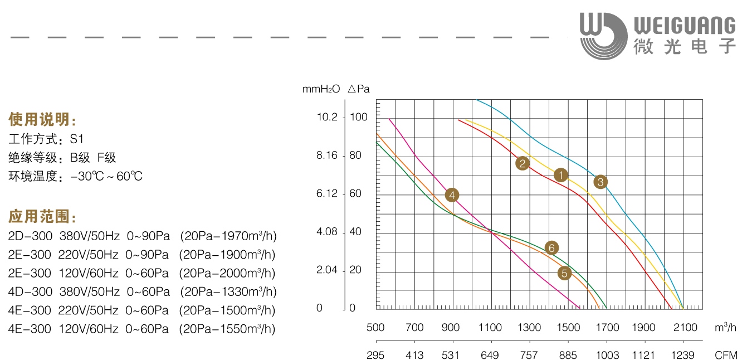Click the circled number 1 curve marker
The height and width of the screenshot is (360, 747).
point(561,175)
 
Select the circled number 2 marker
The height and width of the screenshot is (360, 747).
point(522,163)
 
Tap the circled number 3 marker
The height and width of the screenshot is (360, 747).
point(600,182)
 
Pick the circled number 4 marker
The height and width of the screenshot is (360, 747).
point(452,195)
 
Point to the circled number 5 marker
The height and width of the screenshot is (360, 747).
point(565,273)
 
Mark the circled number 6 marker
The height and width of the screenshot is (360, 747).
point(551,248)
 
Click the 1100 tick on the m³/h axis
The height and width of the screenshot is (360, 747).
point(490,328)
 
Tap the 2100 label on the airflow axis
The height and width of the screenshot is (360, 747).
point(684,328)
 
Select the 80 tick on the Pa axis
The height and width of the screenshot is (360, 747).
point(355,155)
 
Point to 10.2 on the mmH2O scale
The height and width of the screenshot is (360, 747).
point(327,117)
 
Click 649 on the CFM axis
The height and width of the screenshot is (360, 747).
point(490,355)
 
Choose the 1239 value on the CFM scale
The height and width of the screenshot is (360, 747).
point(683,355)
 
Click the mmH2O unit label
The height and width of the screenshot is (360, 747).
point(321,89)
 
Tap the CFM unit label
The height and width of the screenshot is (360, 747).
point(726,355)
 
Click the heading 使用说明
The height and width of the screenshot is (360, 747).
point(42,119)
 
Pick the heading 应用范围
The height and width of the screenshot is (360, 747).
point(42,216)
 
